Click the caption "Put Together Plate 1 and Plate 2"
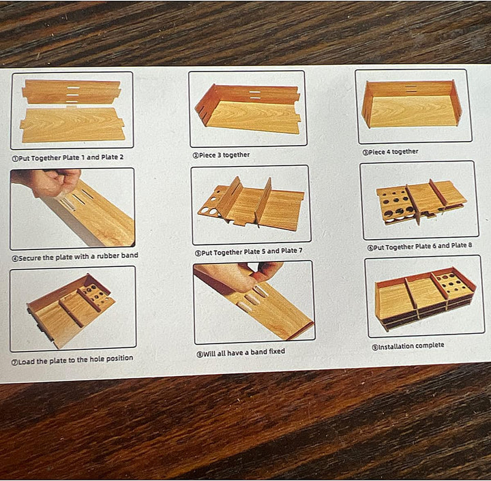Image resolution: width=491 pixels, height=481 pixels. [71, 157]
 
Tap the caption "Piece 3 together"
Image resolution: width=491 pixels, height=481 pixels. [224, 155]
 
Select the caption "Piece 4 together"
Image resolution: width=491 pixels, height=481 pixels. [393, 152]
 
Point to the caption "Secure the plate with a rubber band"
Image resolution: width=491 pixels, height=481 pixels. [78, 257]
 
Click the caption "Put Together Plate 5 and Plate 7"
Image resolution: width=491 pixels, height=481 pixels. [252, 251]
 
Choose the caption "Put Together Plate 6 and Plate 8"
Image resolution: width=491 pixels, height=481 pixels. [423, 247]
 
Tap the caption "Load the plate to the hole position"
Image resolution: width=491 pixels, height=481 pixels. [76, 360]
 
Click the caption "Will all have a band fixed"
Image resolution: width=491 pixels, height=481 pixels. [244, 353]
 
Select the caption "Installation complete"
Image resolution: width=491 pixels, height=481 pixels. [411, 346]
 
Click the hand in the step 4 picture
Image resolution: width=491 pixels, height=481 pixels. [47, 183]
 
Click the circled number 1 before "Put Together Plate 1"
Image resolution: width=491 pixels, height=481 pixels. [15, 159]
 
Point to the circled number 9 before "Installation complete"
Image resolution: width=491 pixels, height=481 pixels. [375, 347]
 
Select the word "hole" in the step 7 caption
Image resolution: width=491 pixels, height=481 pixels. [97, 359]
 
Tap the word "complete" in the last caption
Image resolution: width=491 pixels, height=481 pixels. [430, 345]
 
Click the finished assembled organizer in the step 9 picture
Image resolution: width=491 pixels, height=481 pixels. [426, 298]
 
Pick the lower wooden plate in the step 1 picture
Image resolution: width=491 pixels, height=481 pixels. [73, 125]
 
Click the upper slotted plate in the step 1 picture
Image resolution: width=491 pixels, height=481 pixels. [72, 91]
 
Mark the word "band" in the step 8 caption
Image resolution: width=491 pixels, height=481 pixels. [258, 352]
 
